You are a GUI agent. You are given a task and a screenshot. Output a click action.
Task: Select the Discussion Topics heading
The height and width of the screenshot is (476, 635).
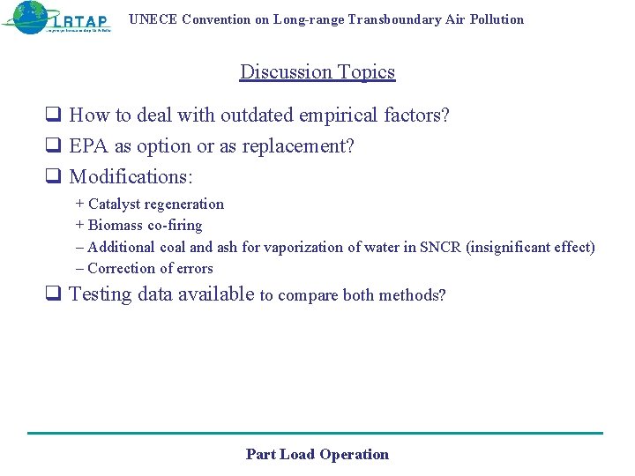(317, 72)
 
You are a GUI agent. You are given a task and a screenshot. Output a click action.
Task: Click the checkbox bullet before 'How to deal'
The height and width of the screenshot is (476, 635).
(53, 115)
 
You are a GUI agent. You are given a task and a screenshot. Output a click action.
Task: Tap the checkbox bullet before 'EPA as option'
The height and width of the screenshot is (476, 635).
(53, 145)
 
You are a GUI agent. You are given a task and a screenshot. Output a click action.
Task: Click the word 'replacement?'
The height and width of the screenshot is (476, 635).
(298, 145)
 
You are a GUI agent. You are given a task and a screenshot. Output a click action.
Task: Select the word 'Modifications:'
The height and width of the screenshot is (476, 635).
(131, 176)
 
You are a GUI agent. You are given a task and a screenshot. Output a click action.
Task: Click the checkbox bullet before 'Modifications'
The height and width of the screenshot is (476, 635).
(53, 176)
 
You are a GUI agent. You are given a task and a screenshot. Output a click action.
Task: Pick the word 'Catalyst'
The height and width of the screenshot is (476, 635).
(114, 205)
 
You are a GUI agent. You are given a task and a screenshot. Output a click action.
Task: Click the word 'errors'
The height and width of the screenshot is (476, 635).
(195, 269)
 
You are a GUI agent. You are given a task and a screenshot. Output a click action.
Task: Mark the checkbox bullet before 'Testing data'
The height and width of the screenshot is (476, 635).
(53, 295)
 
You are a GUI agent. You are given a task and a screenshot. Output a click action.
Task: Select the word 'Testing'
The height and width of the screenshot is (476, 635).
(101, 294)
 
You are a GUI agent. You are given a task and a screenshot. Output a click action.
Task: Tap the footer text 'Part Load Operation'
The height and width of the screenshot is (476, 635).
(317, 455)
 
